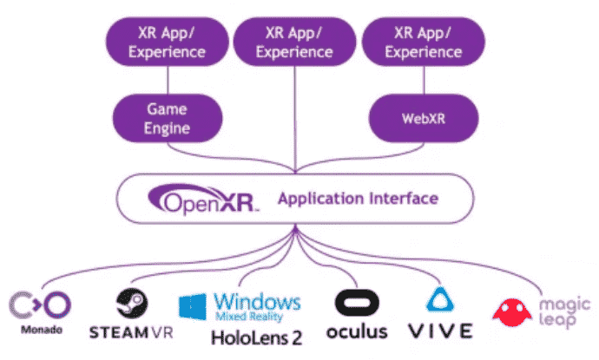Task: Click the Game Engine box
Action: pos(168,118)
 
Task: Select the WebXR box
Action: pos(424,118)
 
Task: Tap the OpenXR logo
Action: pos(203,199)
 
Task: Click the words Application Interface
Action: pos(358,199)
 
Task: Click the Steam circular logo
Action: pos(132,303)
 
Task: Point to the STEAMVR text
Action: pos(131,332)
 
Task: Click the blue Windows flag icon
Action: pos(193,306)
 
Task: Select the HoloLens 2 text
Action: pos(256,337)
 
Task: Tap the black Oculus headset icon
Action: pos(357,303)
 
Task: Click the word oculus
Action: pos(357,331)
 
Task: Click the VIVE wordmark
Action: pos(440,331)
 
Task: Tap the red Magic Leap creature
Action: pos(512,312)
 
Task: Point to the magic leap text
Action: pos(564,312)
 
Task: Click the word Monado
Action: pos(42,330)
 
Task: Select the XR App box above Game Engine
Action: pos(168,42)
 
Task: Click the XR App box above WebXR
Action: pos(424,42)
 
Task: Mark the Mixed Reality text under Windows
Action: pos(249,316)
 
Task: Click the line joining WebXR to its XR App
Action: pos(424,80)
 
